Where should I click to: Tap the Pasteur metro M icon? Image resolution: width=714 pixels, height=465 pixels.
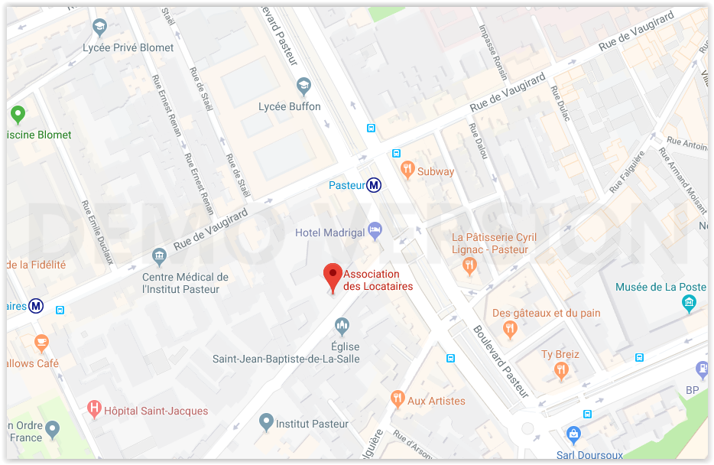pos(374,185)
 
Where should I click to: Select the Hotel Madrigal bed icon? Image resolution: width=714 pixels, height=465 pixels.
pos(375,229)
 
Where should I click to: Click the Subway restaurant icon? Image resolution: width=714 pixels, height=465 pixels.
pos(407,169)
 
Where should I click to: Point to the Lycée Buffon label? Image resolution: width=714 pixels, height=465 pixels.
pos(290,106)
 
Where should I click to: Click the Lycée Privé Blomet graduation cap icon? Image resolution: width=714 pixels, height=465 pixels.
pos(99,28)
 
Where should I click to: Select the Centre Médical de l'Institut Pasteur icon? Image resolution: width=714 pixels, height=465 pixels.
pos(159,255)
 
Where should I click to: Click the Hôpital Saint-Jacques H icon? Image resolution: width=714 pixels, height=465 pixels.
pos(95,408)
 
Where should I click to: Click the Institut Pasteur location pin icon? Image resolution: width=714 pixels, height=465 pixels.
pos(266,421)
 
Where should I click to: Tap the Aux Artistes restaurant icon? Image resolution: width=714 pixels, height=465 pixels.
pos(397,398)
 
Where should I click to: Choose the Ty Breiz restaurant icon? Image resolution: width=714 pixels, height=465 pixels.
pos(562,371)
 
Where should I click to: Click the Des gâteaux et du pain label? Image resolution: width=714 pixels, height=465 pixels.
pos(546,313)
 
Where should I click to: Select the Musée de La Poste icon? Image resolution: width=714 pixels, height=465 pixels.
pos(690,303)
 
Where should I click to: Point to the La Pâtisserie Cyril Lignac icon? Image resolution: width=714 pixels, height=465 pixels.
pos(469,265)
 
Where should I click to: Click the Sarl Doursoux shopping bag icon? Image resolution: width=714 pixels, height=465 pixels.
pos(573,435)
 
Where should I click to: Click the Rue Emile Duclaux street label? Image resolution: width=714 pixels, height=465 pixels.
pos(98,232)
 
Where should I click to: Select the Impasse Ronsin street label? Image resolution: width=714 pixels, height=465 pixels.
pos(493,52)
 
